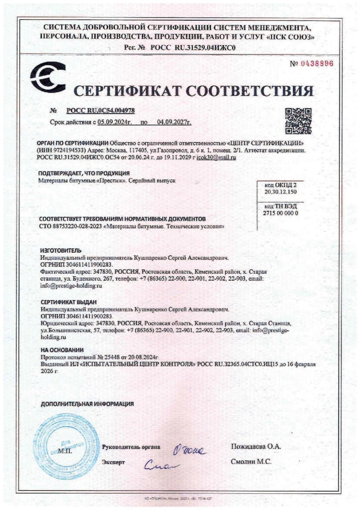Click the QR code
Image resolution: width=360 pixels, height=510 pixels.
[298, 121]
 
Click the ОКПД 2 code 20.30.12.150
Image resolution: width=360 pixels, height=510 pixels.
[280, 192]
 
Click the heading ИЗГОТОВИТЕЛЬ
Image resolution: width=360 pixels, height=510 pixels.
[61, 251]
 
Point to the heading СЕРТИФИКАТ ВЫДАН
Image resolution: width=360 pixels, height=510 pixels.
[69, 302]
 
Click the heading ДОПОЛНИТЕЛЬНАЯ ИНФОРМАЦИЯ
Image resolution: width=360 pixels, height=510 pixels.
[87, 404]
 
